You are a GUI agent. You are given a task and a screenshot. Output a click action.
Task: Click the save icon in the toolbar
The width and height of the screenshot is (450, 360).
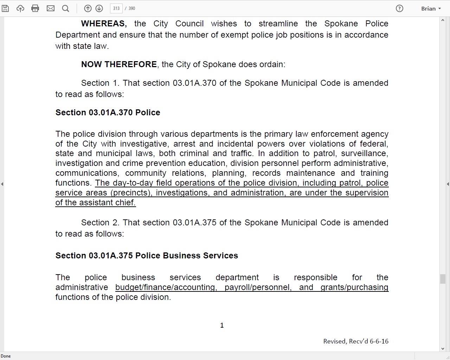click(x=5, y=8)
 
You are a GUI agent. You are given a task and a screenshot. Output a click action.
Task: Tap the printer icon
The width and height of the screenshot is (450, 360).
click(x=35, y=8)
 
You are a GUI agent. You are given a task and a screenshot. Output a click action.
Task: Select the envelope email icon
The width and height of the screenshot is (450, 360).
click(x=51, y=8)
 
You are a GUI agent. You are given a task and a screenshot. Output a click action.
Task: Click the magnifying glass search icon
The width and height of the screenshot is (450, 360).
click(x=65, y=8)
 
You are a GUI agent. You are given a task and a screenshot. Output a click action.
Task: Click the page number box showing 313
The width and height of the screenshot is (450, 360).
click(x=116, y=8)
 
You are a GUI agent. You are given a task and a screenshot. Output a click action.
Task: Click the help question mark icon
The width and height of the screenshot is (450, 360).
click(x=399, y=8)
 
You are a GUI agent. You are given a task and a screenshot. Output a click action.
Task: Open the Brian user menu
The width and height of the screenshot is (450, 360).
click(x=431, y=8)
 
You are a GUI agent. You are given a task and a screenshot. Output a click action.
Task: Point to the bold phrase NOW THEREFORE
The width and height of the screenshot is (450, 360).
click(x=119, y=64)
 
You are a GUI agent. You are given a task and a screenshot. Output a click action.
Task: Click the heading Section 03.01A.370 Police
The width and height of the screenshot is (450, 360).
click(x=108, y=112)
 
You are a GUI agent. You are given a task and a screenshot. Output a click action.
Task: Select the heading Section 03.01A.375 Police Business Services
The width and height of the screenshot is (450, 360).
click(x=147, y=256)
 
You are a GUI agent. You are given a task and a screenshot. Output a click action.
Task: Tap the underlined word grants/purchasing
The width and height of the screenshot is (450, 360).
click(x=354, y=287)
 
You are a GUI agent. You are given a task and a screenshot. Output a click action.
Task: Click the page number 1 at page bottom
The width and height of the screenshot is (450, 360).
click(x=222, y=325)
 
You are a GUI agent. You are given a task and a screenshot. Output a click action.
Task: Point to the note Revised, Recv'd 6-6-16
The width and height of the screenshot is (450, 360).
click(x=356, y=341)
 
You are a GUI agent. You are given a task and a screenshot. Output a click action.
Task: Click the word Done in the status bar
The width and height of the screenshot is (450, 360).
click(x=6, y=356)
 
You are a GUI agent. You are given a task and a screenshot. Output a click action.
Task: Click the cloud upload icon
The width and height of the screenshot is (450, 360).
click(x=20, y=8)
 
